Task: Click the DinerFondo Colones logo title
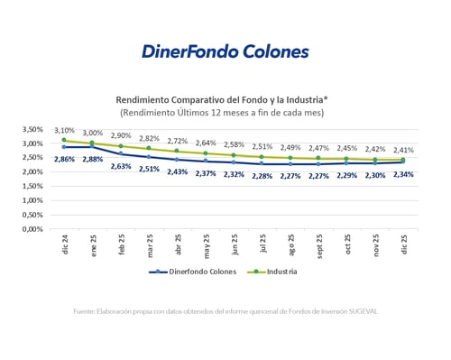(225, 51)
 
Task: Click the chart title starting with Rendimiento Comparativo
(222, 99)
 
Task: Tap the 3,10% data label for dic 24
(64, 130)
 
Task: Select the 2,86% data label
(64, 160)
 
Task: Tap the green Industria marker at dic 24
(64, 141)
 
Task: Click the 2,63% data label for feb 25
(121, 166)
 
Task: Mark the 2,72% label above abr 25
(177, 142)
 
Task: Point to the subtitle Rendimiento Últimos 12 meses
(222, 112)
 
